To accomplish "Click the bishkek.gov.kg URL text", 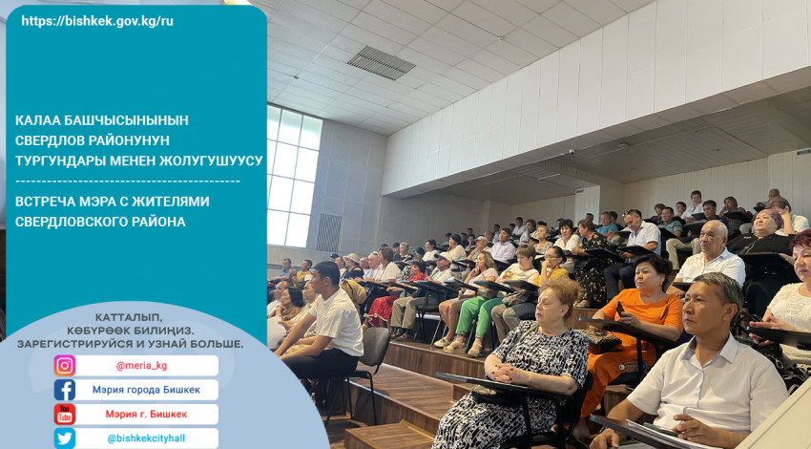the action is (97, 21).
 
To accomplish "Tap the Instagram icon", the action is (65, 366).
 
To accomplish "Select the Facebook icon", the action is (65, 390).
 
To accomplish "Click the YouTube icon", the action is (65, 415).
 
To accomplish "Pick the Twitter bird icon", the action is (65, 438).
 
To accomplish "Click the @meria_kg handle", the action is (141, 366).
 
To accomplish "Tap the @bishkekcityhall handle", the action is (146, 438).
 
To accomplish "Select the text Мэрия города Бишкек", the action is (146, 390).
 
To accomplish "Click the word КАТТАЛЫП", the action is (128, 317).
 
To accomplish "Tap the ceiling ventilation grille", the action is (382, 63).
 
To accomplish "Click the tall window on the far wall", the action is (293, 176).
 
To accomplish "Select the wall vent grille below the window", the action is (329, 232).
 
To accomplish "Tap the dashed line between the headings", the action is (128, 182).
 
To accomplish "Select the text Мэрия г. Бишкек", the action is (146, 415).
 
